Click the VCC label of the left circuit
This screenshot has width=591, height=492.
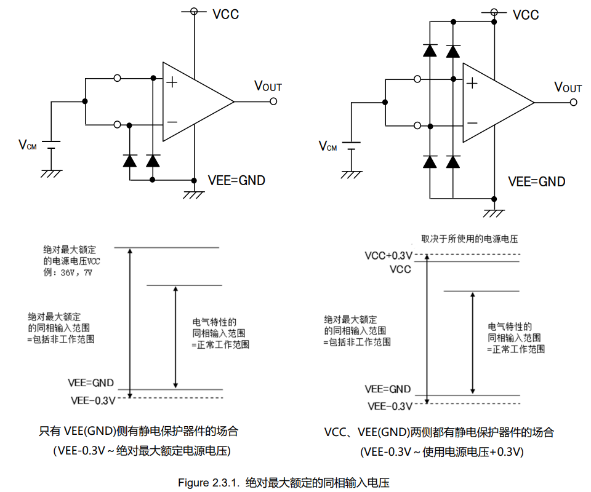pos(225,14)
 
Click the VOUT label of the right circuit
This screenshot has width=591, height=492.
pos(568,87)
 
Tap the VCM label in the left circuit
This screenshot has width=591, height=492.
pos(28,145)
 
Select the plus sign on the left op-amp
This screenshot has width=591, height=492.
pos(172,82)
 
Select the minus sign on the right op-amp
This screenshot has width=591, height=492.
pos(472,123)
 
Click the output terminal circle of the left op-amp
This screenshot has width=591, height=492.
pos(273,101)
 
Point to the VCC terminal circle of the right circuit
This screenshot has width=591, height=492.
pos(494,12)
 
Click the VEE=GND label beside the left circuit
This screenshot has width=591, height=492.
pos(236,180)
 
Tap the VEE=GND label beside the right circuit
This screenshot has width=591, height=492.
pos(537,181)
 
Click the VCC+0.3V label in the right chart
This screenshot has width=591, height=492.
pos(388,256)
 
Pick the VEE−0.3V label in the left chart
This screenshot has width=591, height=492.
pos(93,400)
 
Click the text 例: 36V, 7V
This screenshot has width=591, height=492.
pos(68,272)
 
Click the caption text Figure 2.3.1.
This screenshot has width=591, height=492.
pos(209,483)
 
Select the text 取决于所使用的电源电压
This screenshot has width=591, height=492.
pos(469,239)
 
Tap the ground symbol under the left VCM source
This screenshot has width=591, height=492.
pos(51,173)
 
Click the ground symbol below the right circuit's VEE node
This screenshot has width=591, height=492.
pos(494,213)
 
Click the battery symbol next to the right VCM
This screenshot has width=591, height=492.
pos(352,146)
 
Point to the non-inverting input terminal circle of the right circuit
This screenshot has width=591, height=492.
pos(417,79)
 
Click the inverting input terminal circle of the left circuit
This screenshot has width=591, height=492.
pos(117,124)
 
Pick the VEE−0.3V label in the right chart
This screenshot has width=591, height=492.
pos(390,406)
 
